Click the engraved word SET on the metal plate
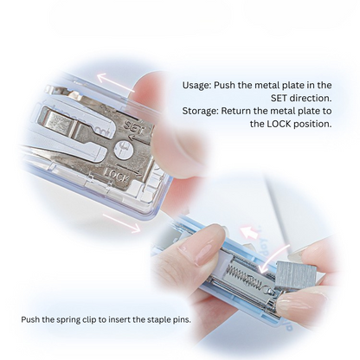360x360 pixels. [134, 128]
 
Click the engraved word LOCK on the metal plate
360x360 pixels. [116, 176]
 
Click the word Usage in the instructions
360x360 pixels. [196, 86]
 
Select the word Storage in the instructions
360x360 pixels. [200, 111]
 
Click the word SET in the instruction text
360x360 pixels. [280, 98]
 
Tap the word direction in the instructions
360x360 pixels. [311, 98]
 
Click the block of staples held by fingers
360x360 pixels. [296, 273]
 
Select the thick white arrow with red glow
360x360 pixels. [250, 231]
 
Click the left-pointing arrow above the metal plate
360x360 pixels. [115, 82]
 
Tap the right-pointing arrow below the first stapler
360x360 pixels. [121, 222]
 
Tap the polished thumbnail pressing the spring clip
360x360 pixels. [205, 252]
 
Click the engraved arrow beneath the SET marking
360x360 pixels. [138, 138]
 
